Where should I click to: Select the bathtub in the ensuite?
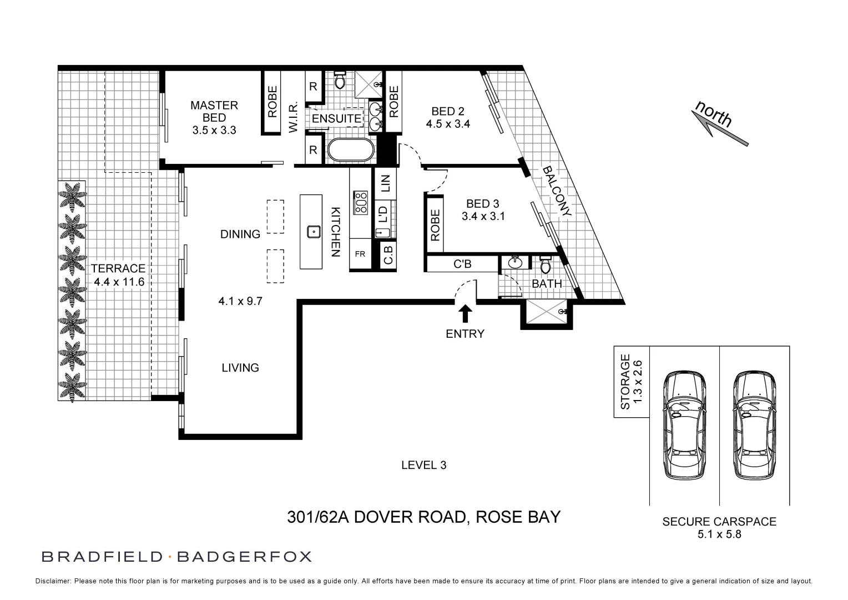[x=350, y=150]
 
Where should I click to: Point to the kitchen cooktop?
[x=361, y=202]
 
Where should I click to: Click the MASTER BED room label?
[x=214, y=111]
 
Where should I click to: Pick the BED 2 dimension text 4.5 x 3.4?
[x=448, y=124]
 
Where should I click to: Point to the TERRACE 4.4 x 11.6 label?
[x=118, y=275]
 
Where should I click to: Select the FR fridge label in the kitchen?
[x=360, y=254]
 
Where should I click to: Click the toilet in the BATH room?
[x=545, y=265]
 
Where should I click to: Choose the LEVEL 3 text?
[x=423, y=465]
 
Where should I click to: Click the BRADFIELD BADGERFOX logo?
[x=176, y=556]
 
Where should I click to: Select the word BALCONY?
[x=557, y=191]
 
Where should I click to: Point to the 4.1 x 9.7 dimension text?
[x=240, y=302]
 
